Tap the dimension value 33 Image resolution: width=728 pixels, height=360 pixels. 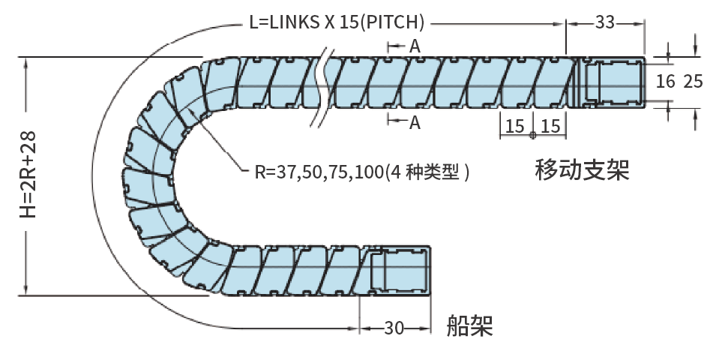tap(605, 22)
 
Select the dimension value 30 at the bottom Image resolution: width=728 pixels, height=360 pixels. tap(394, 328)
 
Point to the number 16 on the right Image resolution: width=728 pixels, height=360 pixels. tap(665, 81)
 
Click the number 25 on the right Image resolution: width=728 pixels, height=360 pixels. tap(694, 81)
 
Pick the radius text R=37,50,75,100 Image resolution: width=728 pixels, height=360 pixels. tap(319, 172)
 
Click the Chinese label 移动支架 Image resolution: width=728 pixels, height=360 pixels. tap(582, 170)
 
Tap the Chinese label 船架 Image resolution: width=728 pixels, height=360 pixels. tap(469, 325)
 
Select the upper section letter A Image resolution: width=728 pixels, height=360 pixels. tap(415, 46)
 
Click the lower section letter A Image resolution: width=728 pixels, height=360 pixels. tap(415, 123)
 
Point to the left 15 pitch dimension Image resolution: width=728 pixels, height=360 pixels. tap(514, 126)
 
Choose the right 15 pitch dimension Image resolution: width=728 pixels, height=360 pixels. tap(550, 126)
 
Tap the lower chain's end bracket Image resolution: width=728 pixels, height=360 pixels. tap(397, 271)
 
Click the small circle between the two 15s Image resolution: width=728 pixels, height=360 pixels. tap(532, 136)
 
